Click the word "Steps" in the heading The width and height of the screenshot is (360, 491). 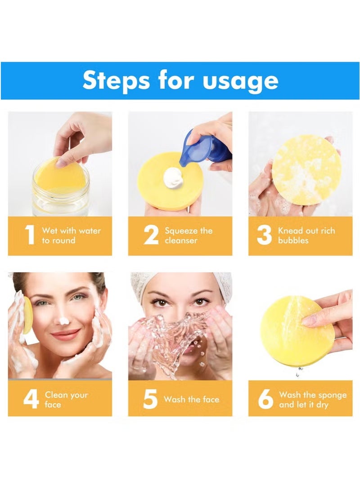pos(116,80)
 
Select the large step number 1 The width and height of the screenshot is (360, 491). pos(30,236)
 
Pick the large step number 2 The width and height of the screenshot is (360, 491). pos(151,236)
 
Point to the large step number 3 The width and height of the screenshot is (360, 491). pos(264,236)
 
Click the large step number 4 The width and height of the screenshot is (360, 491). pos(31,399)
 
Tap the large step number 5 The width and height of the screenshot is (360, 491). pos(150,399)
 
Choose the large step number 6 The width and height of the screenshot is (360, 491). pos(265,399)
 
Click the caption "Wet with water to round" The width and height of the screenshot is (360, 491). pos(71,236)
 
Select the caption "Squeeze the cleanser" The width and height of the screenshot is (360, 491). pos(188,236)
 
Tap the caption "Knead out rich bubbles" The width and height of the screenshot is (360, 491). pos(306,236)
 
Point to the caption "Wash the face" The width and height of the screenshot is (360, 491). pos(191,399)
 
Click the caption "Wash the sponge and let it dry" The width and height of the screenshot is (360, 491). pos(312,399)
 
